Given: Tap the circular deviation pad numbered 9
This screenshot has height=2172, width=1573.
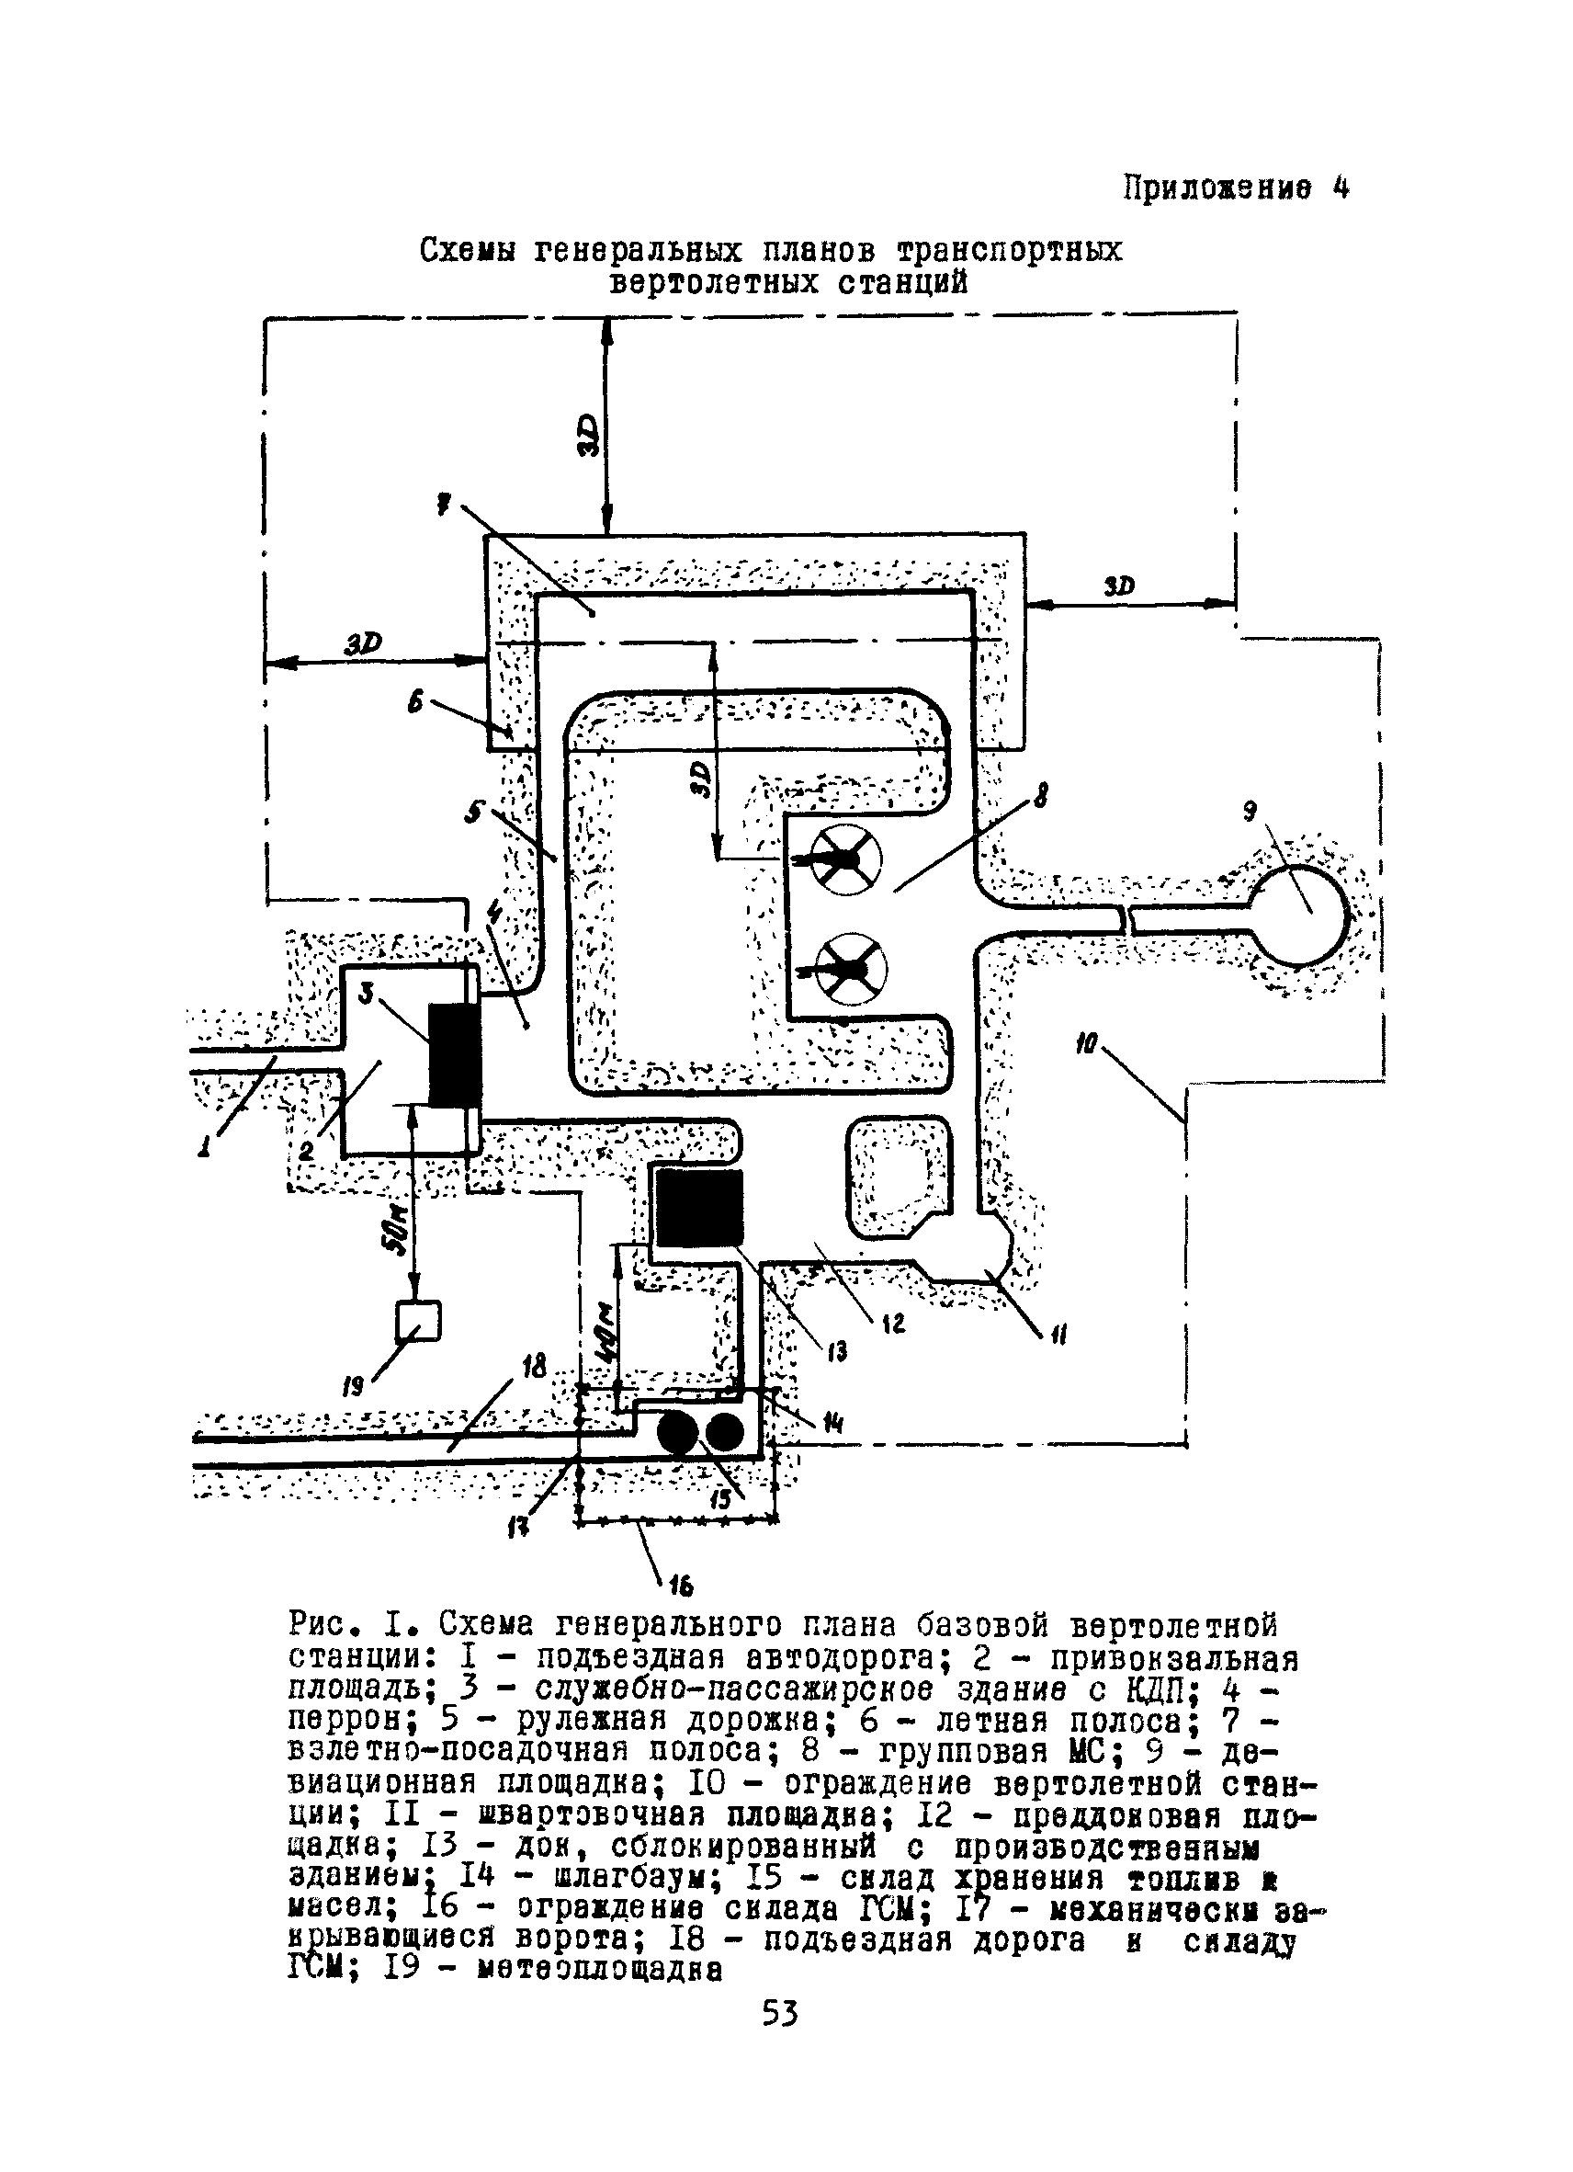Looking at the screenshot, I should pyautogui.click(x=1299, y=915).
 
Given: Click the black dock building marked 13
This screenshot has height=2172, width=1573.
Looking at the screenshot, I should pyautogui.click(x=698, y=1207).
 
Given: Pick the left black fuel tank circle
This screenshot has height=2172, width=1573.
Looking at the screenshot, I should pyautogui.click(x=679, y=1434).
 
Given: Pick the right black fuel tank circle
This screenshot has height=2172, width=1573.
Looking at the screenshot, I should pyautogui.click(x=723, y=1434).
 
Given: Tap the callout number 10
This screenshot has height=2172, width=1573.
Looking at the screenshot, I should pyautogui.click(x=1086, y=1043).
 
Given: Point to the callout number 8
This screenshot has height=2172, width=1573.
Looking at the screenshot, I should pyautogui.click(x=1041, y=794).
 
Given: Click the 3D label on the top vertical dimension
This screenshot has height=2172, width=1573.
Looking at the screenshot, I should pyautogui.click(x=592, y=436).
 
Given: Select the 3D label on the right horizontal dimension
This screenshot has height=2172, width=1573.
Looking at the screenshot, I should pyautogui.click(x=1118, y=586).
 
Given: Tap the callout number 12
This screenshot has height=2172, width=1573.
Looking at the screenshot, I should pyautogui.click(x=893, y=1325).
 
